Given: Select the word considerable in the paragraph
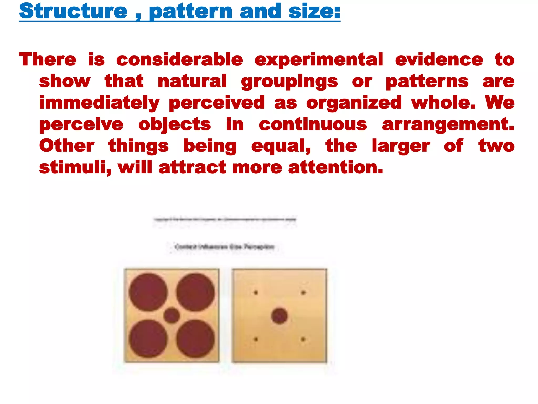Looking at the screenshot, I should click(x=180, y=59).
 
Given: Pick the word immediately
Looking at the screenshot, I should click(x=99, y=103).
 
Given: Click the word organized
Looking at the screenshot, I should click(x=354, y=103).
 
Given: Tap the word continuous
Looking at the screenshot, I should click(x=313, y=124).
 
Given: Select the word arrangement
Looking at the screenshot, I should click(x=448, y=125).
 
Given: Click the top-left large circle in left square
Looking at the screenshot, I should click(x=148, y=292).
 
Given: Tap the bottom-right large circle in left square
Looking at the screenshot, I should click(x=195, y=339).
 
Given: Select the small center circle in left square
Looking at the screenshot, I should click(x=172, y=315).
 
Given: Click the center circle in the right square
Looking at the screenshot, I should click(x=279, y=316).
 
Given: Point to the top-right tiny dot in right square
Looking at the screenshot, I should click(x=303, y=292).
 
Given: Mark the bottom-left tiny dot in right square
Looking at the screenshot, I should click(x=256, y=339).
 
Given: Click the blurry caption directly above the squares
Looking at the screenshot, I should click(x=224, y=247).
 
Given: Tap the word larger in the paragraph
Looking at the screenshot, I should click(x=401, y=146).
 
